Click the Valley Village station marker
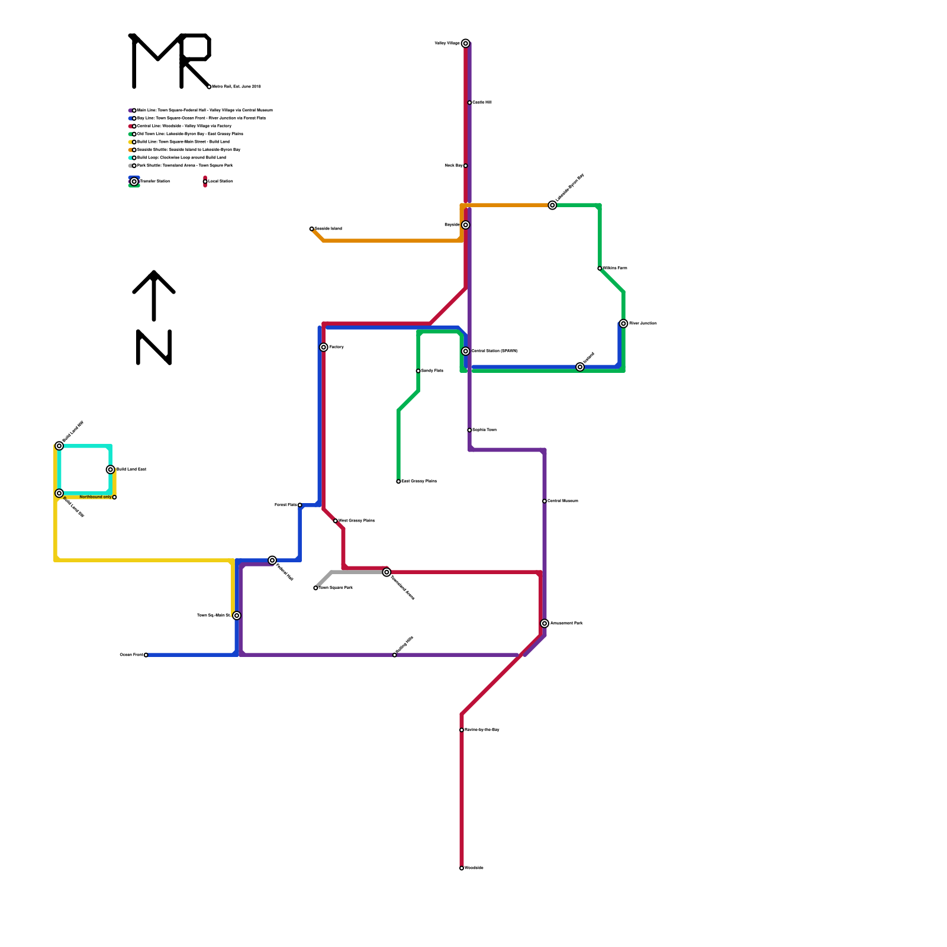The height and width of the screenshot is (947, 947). pos(466,43)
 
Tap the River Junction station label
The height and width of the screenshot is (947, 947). pos(643,324)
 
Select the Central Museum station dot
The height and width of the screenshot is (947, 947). pos(545,501)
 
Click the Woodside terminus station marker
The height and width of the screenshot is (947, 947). pos(462,868)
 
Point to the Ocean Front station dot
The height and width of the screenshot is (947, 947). pos(146,655)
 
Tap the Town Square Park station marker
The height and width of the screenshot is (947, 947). pos(315,588)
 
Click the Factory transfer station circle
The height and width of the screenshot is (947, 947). pos(324,347)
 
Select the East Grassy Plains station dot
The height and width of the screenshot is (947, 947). pos(398,482)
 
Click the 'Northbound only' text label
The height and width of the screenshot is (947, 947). pos(95,497)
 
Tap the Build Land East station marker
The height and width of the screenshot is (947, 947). pos(111,469)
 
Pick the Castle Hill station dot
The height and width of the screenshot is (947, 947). pos(469,103)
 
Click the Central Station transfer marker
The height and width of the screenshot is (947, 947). pos(466,352)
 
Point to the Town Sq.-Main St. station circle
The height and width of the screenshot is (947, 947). pos(237,616)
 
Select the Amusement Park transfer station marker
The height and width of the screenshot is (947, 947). pos(545,623)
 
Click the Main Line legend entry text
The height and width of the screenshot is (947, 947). pos(205,111)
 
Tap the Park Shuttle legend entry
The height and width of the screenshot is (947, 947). pos(185,166)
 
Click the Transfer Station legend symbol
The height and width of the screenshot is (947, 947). pos(134,182)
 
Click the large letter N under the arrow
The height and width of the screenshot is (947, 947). pos(154,347)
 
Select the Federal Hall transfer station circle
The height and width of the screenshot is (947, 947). pos(272,561)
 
